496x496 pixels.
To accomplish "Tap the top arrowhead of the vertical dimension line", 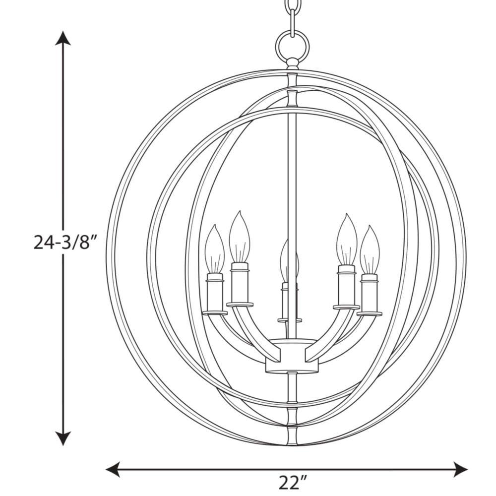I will point(62,38).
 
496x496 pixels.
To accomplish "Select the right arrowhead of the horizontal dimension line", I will point(461,468).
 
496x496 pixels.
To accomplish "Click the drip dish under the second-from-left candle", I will point(240,304).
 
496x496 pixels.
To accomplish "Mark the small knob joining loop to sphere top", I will point(293,63).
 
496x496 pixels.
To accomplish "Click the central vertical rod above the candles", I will point(292,174).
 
